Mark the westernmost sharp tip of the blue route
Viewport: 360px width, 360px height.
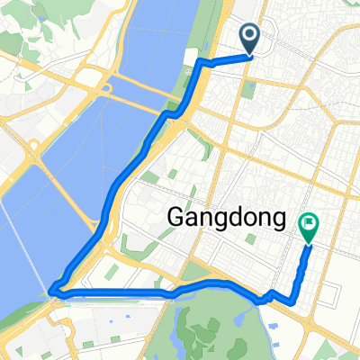tap(53, 290)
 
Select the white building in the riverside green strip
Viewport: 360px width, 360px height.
tap(188, 58)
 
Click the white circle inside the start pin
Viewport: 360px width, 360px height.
tap(251, 35)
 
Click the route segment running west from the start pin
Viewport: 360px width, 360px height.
tap(225, 59)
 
